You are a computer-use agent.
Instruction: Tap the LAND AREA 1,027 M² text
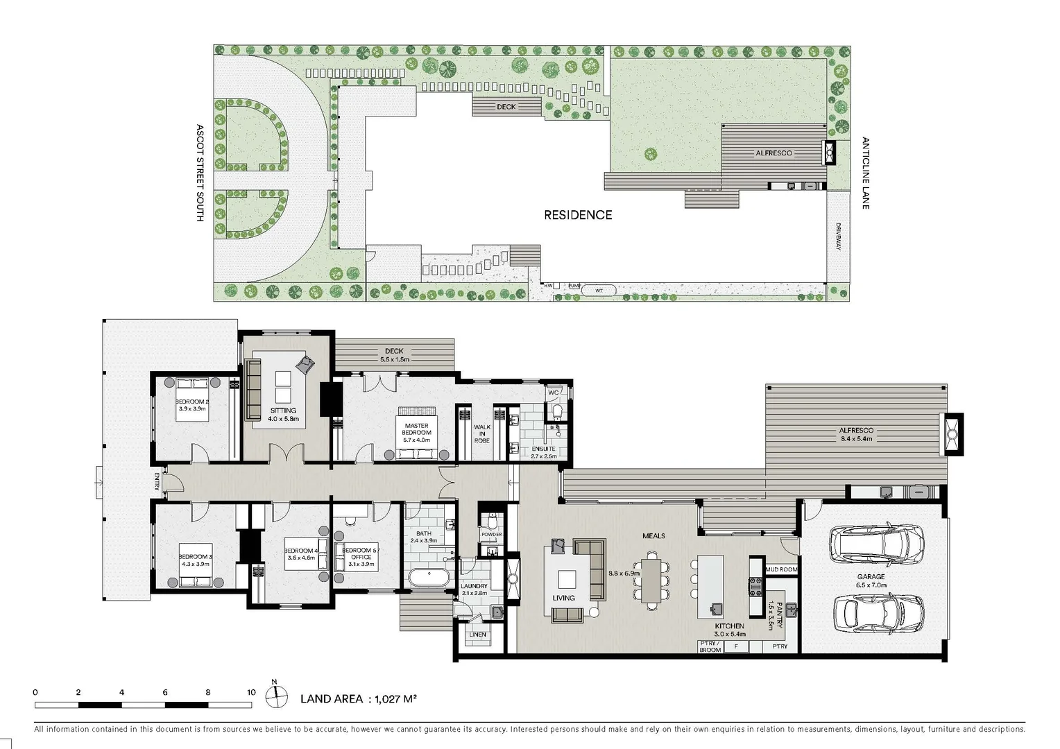click(358, 699)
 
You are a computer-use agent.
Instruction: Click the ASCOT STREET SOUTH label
click(200, 173)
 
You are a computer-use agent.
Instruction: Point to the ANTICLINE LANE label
click(865, 173)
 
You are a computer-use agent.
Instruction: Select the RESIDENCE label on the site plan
click(577, 215)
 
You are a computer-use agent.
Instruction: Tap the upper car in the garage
click(877, 544)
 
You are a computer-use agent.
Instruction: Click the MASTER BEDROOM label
click(416, 429)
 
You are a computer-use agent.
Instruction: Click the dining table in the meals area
click(651, 579)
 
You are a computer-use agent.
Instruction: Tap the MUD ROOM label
click(781, 569)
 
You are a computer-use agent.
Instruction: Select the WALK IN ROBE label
click(481, 434)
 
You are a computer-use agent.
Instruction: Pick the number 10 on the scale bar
click(251, 692)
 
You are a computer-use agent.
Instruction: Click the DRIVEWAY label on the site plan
click(838, 236)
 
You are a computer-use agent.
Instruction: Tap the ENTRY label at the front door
click(157, 482)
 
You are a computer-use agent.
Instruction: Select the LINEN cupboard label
click(477, 635)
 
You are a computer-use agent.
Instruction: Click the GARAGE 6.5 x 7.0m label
click(871, 580)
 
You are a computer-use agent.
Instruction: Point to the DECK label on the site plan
click(506, 107)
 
